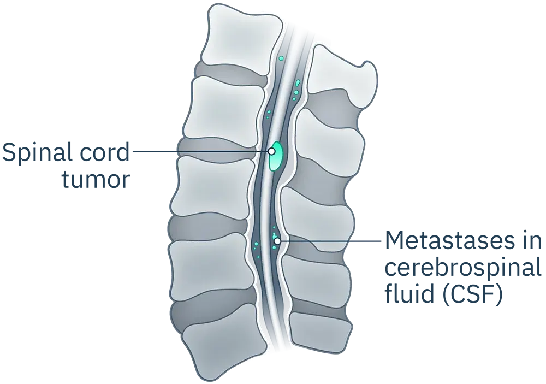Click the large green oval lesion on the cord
[276, 156]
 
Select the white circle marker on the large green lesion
[271, 151]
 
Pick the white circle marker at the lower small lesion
[277, 241]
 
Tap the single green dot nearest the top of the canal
[281, 58]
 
